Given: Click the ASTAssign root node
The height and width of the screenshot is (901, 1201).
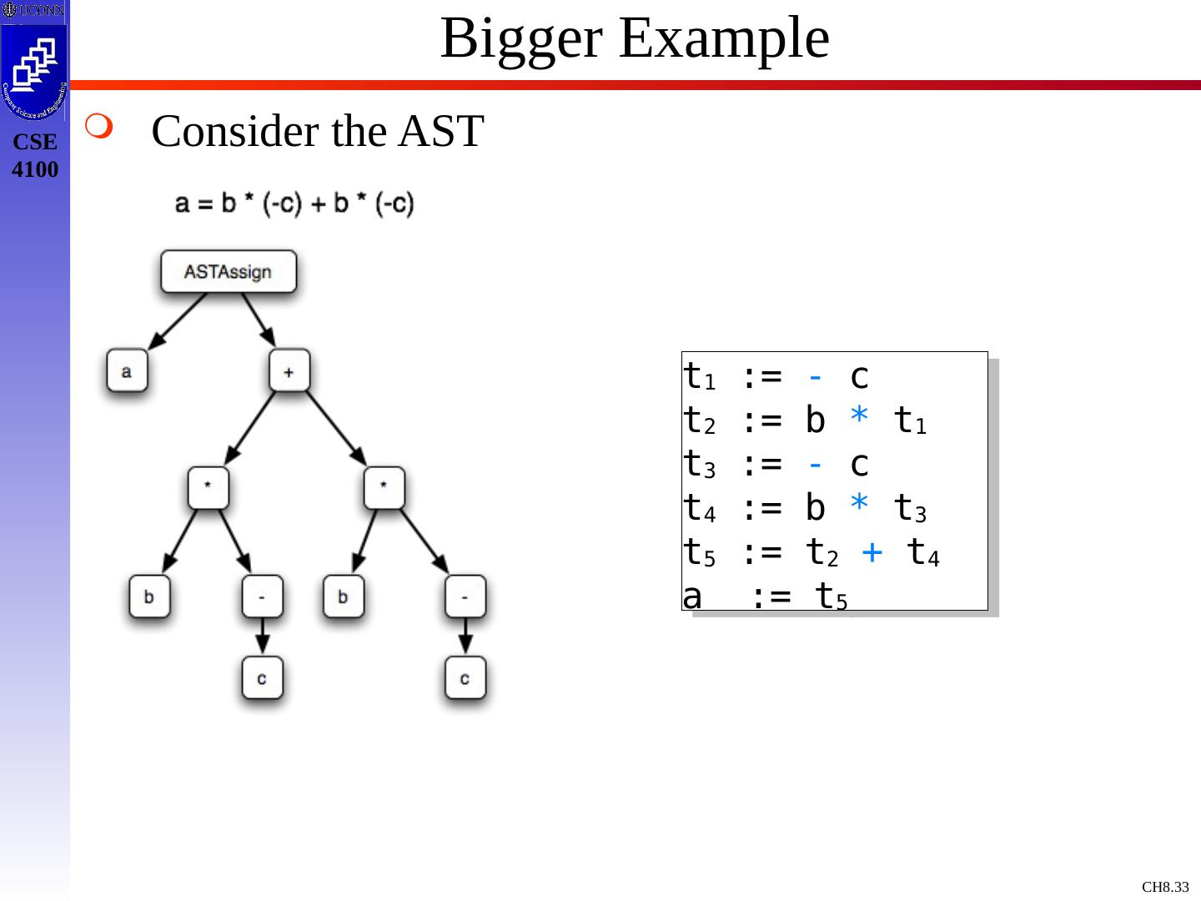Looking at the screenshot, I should coord(228,272).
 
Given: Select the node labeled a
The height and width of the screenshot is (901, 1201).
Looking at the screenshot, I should coord(127,370).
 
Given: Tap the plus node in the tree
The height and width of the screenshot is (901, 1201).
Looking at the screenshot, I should coord(289,370).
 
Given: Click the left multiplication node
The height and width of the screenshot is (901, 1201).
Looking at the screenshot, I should coord(208,488).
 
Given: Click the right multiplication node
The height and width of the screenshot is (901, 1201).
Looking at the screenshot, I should coord(384,488).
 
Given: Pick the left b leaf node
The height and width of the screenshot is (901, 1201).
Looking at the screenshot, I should coord(149,596).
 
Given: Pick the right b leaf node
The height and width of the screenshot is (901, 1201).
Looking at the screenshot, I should coord(343,596).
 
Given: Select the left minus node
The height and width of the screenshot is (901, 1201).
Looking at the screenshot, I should coord(262,596).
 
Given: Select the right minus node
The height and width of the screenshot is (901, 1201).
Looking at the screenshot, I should coord(465,596).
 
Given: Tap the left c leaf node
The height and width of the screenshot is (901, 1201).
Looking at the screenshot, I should coord(262,677).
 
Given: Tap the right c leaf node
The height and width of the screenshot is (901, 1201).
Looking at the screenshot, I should coord(465,677).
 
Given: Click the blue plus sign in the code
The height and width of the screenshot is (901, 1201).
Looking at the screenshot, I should coord(872,551).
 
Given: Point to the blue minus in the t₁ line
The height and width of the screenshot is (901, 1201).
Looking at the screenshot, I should coord(816,377).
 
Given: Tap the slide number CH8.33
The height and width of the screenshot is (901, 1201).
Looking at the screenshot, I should coord(1165,887).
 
